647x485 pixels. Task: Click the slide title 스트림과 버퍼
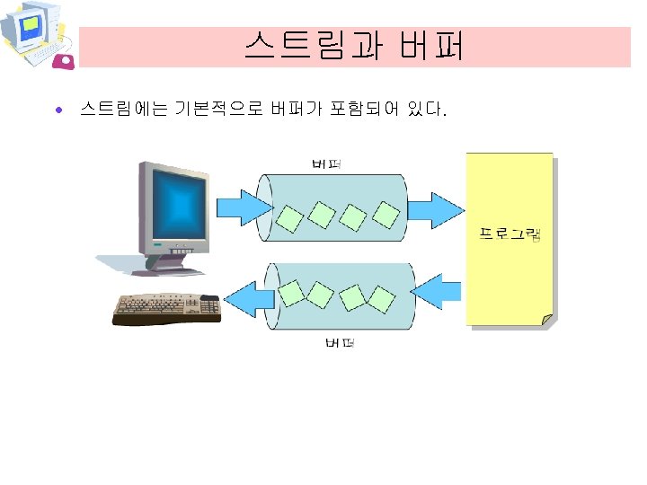[354, 46]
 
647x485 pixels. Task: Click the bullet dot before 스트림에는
[58, 111]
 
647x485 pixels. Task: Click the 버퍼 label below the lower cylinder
[338, 343]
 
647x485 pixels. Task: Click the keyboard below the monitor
[167, 309]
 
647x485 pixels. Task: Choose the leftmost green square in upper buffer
[289, 217]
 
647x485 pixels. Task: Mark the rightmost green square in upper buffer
[385, 214]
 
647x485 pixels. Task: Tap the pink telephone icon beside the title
[66, 60]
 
